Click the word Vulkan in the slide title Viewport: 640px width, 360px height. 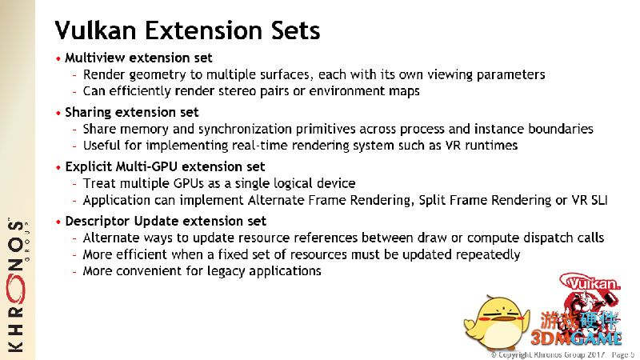[x=95, y=30]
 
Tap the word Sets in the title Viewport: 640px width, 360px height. [x=296, y=30]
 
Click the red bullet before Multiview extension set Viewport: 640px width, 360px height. [x=58, y=58]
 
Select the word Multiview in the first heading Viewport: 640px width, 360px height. [x=95, y=58]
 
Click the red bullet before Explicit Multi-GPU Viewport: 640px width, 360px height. [x=58, y=168]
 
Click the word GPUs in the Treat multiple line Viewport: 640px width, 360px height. [x=188, y=183]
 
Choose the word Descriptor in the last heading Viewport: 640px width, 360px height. [x=98, y=222]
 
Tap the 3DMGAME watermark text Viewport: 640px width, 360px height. [x=576, y=338]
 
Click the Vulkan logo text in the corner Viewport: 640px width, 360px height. [x=594, y=284]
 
